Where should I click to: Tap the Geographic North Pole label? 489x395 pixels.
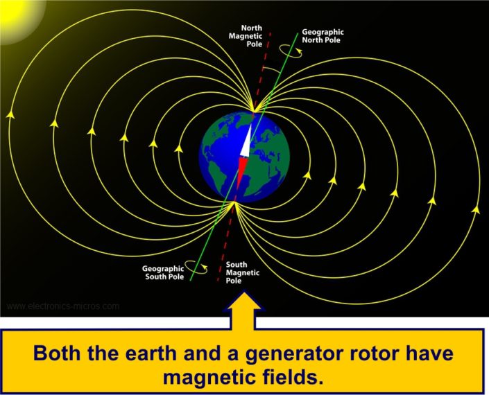[x=323, y=35]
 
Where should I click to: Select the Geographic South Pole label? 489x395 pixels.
[x=164, y=272]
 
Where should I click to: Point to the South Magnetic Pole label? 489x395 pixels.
[x=243, y=272]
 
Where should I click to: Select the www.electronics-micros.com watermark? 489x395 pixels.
[x=62, y=306]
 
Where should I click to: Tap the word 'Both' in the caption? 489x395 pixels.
[x=62, y=353]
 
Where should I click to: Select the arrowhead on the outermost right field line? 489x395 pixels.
[x=476, y=207]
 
